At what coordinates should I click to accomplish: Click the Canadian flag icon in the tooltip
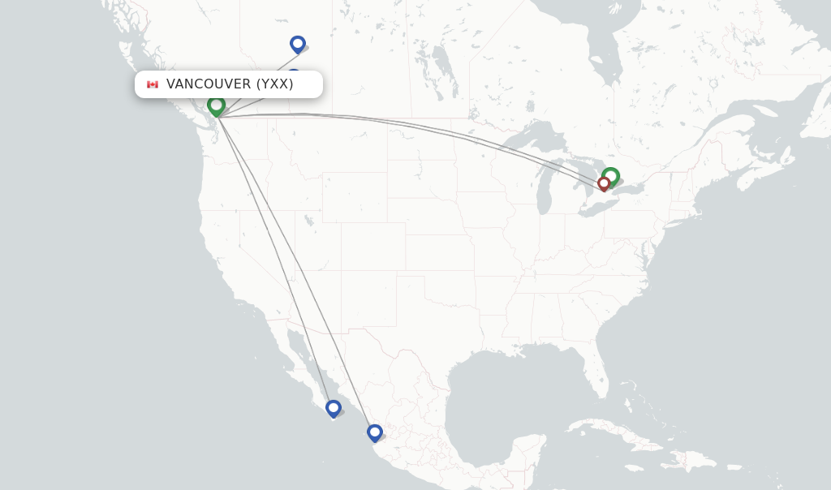152,84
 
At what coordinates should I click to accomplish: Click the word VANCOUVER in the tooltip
209,84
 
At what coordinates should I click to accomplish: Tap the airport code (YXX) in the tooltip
275,84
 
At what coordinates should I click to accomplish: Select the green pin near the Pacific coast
216,105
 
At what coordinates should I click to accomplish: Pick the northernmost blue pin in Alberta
298,44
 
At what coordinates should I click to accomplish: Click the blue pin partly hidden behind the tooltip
294,73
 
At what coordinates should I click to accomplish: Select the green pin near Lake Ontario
611,175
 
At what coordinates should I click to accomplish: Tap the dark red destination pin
604,184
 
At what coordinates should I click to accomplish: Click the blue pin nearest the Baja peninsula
334,407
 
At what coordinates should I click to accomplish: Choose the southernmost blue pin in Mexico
374,432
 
